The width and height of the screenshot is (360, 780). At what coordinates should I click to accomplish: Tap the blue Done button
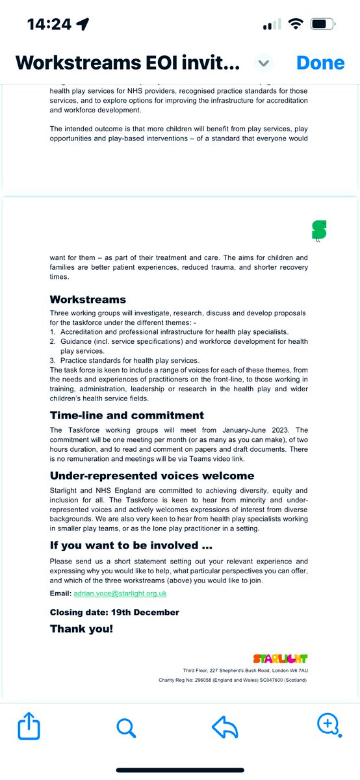320,62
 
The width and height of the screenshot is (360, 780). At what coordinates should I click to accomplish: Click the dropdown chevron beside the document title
263,63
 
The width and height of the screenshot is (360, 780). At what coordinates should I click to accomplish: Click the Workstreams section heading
88,300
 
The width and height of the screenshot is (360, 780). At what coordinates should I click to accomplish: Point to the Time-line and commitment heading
127,415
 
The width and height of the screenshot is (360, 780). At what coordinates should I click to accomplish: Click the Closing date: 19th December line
114,612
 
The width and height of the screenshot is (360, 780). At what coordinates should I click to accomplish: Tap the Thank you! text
81,629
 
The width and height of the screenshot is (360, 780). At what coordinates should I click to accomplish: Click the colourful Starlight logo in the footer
280,658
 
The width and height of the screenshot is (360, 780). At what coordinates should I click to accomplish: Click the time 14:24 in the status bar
49,24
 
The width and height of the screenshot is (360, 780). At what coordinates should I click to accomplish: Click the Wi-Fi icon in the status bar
296,24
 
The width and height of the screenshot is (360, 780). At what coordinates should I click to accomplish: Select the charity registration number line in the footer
233,680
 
